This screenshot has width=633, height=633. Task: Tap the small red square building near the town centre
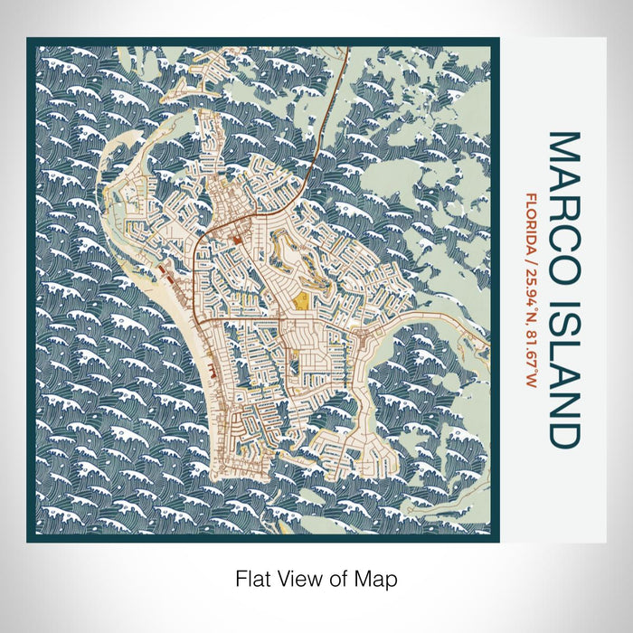(237, 241)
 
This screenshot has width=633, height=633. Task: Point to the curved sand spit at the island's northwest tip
(122, 163)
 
